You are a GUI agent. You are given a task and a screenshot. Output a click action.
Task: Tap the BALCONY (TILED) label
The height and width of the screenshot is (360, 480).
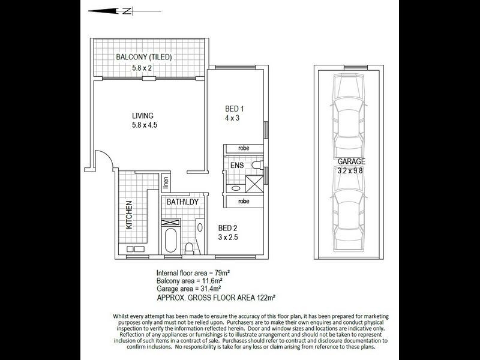click(144, 58)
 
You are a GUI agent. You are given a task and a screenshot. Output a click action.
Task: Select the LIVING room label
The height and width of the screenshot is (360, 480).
click(143, 116)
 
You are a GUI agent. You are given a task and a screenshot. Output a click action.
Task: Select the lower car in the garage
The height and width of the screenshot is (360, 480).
click(350, 216)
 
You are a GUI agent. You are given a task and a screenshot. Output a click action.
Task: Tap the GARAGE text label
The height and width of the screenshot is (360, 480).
click(351, 162)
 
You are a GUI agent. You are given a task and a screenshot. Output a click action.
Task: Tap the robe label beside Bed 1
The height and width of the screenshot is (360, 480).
click(243, 148)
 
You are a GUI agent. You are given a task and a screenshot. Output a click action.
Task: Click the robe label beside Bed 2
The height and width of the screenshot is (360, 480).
click(243, 202)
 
